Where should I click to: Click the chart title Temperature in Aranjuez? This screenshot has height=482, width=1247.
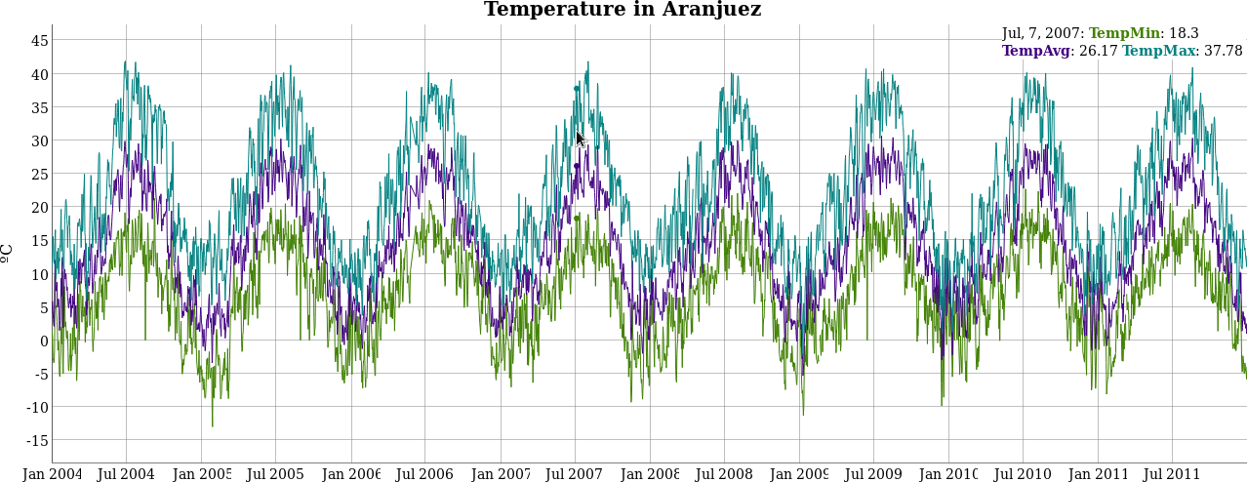click(623, 10)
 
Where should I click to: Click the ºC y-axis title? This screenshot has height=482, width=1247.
click(8, 252)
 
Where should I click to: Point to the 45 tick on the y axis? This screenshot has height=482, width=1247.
click(39, 41)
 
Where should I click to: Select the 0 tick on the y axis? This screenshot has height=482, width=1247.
click(43, 341)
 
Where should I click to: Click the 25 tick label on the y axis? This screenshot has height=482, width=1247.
click(39, 175)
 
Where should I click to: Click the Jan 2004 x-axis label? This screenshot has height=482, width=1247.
click(53, 474)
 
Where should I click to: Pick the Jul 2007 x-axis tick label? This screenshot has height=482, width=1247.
click(574, 474)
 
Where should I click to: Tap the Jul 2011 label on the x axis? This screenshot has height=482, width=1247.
click(1171, 474)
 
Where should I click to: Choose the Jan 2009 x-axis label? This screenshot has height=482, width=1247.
click(798, 474)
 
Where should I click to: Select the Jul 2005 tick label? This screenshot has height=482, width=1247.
click(275, 474)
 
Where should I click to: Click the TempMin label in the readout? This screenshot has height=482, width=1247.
click(1124, 33)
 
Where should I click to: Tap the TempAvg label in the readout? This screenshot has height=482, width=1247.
click(1035, 51)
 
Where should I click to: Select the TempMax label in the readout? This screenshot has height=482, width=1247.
click(1158, 51)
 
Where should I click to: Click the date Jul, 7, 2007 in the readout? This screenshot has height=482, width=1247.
click(1041, 33)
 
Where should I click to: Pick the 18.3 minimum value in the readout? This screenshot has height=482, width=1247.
click(1184, 33)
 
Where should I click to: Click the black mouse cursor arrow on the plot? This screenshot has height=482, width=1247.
click(581, 140)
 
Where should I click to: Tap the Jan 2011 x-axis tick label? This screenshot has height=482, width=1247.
click(1098, 474)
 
